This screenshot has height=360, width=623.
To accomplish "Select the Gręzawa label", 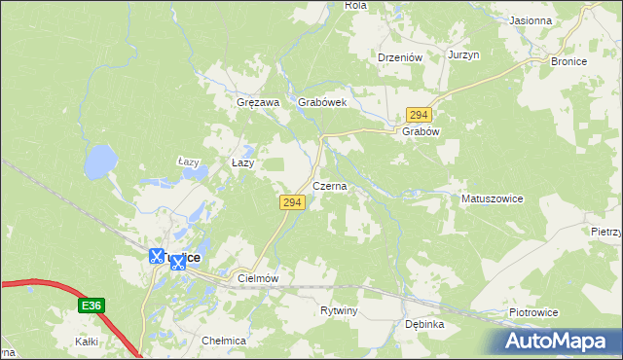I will click(x=258, y=102).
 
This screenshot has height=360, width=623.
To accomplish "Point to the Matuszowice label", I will click(x=492, y=198).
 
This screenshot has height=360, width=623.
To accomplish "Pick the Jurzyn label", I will click(x=464, y=55).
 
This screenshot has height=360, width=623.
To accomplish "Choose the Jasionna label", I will click(x=531, y=20).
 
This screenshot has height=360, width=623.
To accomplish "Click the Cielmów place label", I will click(x=258, y=278).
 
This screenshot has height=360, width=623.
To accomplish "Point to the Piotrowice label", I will click(x=533, y=312).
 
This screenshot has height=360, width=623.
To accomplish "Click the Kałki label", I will click(x=88, y=342).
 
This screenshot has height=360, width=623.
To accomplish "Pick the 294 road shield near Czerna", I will click(x=293, y=202).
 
